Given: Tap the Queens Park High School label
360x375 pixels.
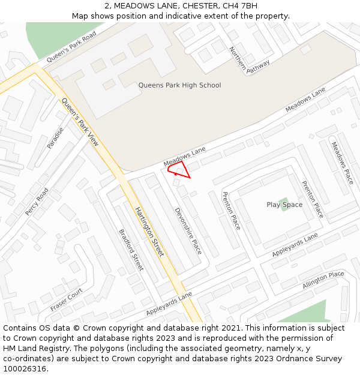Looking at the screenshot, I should [x=179, y=85].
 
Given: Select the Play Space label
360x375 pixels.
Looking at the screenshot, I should [x=284, y=205].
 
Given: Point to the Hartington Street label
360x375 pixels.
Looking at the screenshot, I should [x=149, y=232].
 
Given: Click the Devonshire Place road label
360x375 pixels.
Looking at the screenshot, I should [x=188, y=231].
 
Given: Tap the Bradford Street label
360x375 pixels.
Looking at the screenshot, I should [x=131, y=250].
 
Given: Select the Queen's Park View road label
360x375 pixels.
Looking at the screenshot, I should [x=80, y=122].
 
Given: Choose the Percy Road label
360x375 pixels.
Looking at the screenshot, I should [x=37, y=202].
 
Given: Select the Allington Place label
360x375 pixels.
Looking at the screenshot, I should [x=323, y=280].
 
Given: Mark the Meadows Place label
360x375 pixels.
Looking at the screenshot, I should [x=342, y=163].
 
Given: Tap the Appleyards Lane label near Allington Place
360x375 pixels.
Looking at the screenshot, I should [x=295, y=245].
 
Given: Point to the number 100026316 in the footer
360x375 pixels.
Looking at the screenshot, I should [x=25, y=368].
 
